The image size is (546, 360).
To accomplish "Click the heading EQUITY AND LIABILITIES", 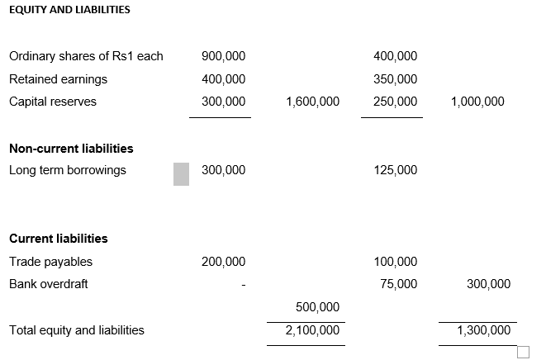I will (69, 10).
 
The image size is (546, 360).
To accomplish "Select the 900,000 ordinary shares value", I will (223, 56).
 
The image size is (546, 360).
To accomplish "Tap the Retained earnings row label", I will (58, 79).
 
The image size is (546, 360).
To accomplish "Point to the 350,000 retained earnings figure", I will (395, 79).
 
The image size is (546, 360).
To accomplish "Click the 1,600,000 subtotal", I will (312, 102).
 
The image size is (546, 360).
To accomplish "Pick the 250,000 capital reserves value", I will (395, 102).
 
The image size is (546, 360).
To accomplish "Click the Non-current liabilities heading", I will (71, 149).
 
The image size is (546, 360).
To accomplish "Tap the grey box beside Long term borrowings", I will (181, 173).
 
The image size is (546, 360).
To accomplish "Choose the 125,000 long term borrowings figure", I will (395, 170).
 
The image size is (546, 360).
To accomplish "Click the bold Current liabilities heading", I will (58, 239).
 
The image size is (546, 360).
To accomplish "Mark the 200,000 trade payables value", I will (223, 262).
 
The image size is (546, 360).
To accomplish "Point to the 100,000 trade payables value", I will (395, 262).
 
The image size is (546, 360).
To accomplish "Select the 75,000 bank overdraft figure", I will (398, 284).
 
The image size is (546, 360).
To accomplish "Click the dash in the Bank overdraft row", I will (243, 285).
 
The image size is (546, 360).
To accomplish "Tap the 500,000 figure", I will (317, 307).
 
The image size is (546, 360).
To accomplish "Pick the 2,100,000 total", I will (312, 330).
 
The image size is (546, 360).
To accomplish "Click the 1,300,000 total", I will (483, 330).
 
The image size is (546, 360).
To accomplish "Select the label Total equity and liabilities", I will (76, 330).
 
